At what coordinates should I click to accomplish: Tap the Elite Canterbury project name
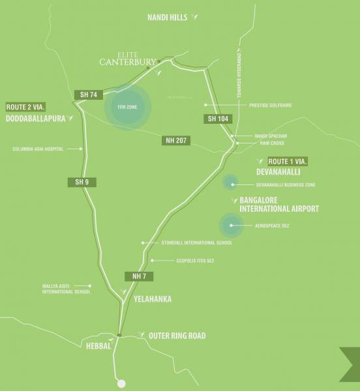[x=127, y=59]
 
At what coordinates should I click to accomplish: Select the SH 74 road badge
[x=88, y=95]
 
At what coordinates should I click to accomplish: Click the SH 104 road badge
[x=218, y=119]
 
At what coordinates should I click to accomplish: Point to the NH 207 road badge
[x=175, y=140]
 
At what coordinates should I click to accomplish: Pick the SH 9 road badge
[x=82, y=182]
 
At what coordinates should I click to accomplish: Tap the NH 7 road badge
[x=142, y=276]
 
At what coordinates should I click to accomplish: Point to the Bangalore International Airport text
[x=279, y=204]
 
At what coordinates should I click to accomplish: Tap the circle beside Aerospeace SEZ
[x=230, y=225]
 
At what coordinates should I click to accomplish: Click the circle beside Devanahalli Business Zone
[x=230, y=182]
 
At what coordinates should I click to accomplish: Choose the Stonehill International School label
[x=196, y=242]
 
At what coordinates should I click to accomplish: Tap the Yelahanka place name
[x=152, y=299]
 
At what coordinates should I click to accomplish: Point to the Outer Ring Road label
[x=177, y=336]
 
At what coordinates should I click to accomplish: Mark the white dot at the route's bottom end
[x=121, y=383]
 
